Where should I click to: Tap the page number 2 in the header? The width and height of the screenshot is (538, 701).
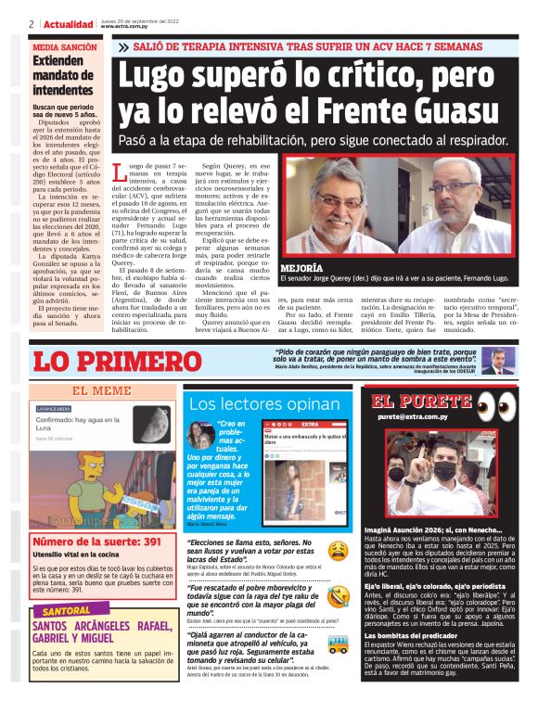coord(32,24)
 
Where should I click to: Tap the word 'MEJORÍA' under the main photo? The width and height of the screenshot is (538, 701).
coord(302,267)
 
